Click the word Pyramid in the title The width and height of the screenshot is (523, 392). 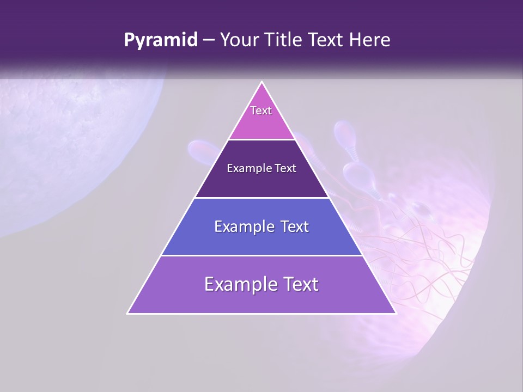pyautogui.click(x=161, y=40)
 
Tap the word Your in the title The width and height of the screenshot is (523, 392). pyautogui.click(x=238, y=40)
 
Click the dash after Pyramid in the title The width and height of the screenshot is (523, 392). pyautogui.click(x=209, y=40)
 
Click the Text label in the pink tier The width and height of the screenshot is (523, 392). pyautogui.click(x=261, y=111)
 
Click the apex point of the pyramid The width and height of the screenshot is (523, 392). pyautogui.click(x=261, y=82)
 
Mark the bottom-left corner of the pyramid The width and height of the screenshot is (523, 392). pyautogui.click(x=128, y=313)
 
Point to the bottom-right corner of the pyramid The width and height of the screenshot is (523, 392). pyautogui.click(x=396, y=313)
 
